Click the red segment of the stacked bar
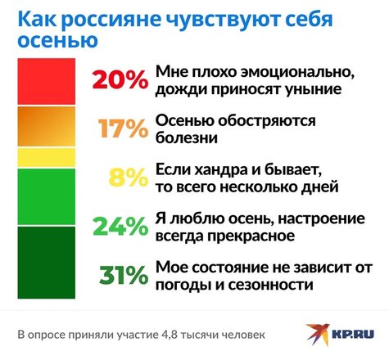click(x=47, y=81)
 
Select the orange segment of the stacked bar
click(x=47, y=126)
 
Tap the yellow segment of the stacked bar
click(x=47, y=157)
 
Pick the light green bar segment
click(x=47, y=196)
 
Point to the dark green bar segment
click(x=47, y=263)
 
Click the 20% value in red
click(x=120, y=79)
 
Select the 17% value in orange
click(x=124, y=128)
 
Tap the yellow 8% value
click(x=129, y=178)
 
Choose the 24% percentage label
click(x=120, y=226)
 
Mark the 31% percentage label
click(x=124, y=275)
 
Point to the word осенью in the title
click(x=57, y=40)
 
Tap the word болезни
click(x=187, y=137)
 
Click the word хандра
click(x=219, y=170)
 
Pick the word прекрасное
click(x=251, y=236)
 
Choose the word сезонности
click(x=270, y=285)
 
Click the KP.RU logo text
click(x=353, y=334)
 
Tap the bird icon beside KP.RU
click(x=319, y=333)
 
